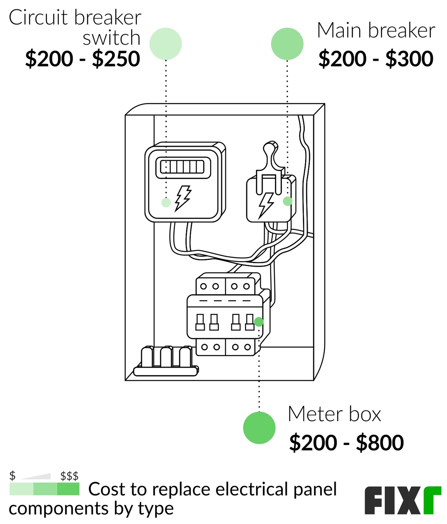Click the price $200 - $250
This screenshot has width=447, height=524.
tap(83, 59)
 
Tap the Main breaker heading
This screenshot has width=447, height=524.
tap(376, 31)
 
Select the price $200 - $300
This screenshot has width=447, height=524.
tap(376, 59)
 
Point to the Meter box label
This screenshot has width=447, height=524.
tap(335, 414)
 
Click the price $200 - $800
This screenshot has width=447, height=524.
tap(346, 442)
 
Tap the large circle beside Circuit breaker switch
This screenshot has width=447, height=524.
tap(165, 44)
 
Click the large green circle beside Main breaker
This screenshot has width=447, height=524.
tap(287, 44)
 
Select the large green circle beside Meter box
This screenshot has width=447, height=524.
tap(259, 428)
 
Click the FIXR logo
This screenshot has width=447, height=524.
tap(402, 500)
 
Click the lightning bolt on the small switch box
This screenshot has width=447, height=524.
tap(266, 204)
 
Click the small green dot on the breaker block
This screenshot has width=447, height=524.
tap(259, 322)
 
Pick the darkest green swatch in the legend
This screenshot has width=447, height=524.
tap(68, 489)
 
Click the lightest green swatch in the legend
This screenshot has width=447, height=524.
tap(21, 489)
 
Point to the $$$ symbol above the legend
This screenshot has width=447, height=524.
tap(69, 476)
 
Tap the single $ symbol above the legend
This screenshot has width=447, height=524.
tap(13, 476)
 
